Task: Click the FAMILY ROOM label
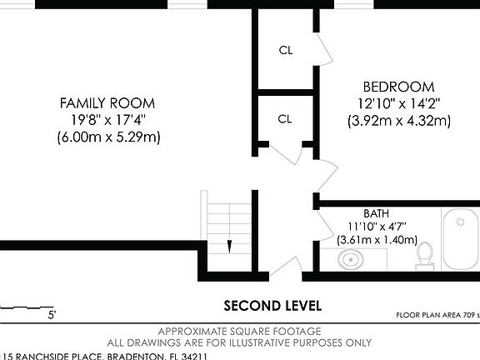(107, 102)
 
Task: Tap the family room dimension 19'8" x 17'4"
(107, 120)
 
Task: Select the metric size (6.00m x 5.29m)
(107, 137)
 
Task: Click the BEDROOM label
(398, 87)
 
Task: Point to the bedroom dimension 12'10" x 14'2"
(398, 103)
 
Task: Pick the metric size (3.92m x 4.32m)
(398, 121)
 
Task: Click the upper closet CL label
(286, 50)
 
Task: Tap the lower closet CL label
(285, 119)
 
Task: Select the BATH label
(376, 213)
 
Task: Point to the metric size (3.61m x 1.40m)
(376, 240)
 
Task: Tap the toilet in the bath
(425, 254)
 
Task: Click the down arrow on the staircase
(228, 245)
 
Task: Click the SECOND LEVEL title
(272, 305)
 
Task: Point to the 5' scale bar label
(52, 315)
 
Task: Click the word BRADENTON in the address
(134, 356)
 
